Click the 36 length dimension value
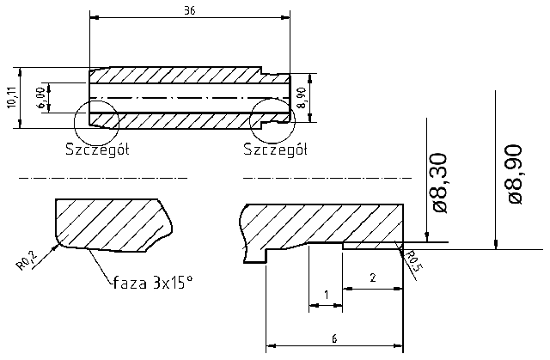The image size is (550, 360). (x=189, y=10)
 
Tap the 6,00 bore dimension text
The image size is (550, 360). (x=40, y=96)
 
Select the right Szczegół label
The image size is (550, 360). (x=276, y=149)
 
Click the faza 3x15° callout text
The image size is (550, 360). (x=151, y=281)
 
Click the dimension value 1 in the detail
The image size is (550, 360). (x=326, y=295)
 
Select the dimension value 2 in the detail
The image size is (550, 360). (x=372, y=278)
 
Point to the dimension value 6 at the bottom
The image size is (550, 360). (x=333, y=338)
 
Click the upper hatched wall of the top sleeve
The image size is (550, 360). (x=172, y=75)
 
